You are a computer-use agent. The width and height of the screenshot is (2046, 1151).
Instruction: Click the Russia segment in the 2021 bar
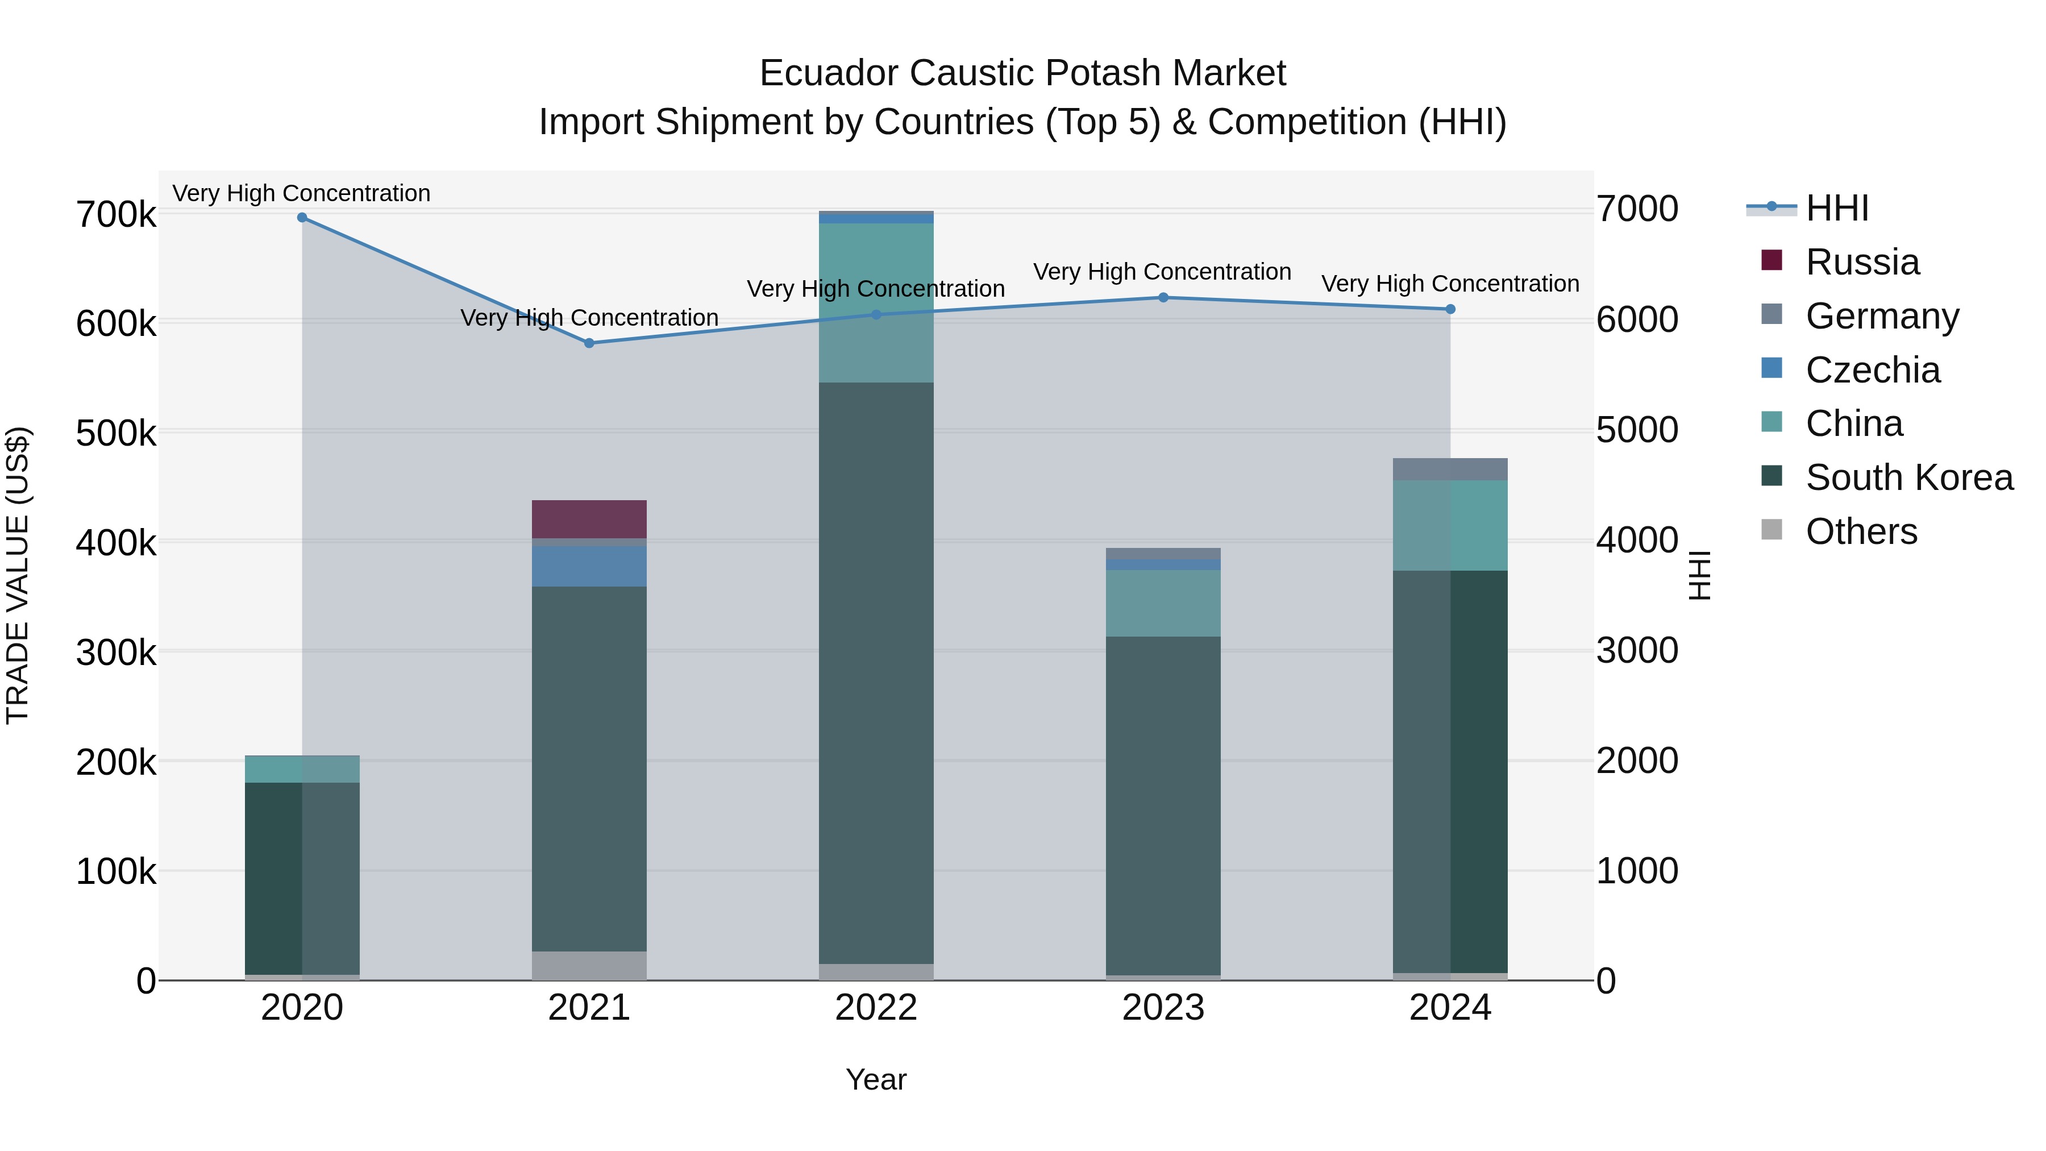pyautogui.click(x=589, y=519)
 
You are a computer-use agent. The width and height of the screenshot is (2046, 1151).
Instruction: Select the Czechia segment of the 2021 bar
pyautogui.click(x=589, y=566)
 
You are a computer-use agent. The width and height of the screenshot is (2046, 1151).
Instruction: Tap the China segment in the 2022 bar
pyautogui.click(x=876, y=302)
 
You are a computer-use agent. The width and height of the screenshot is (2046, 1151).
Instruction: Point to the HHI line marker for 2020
pyautogui.click(x=302, y=218)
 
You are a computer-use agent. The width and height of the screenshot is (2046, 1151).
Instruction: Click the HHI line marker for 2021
pyautogui.click(x=589, y=343)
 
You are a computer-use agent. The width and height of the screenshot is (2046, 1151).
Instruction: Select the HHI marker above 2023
pyautogui.click(x=1163, y=298)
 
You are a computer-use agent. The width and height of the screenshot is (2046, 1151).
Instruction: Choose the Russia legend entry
pyautogui.click(x=1862, y=262)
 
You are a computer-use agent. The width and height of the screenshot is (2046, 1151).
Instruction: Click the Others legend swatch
pyautogui.click(x=1771, y=530)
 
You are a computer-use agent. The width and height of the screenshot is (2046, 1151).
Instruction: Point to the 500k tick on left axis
pyautogui.click(x=116, y=434)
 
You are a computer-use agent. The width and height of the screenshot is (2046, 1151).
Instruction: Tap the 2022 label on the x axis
pyautogui.click(x=876, y=1008)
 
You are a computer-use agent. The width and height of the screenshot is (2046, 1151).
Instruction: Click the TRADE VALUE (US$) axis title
pyautogui.click(x=18, y=575)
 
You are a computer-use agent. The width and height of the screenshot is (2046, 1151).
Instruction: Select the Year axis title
pyautogui.click(x=876, y=1079)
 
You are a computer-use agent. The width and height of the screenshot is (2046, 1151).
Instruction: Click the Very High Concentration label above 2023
pyautogui.click(x=1162, y=272)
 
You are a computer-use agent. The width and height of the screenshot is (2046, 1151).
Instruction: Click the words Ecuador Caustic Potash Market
pyautogui.click(x=1022, y=73)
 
